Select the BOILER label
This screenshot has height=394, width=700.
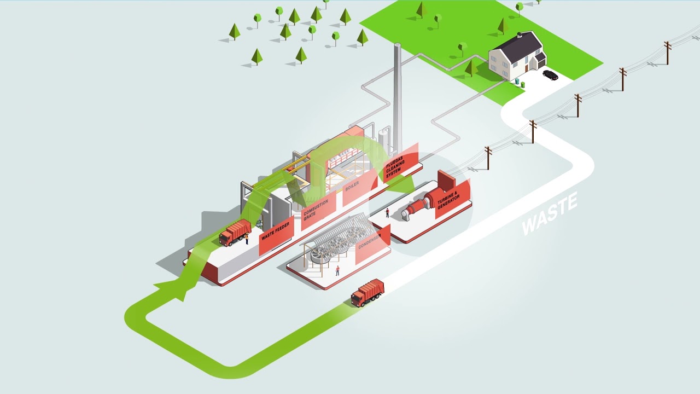(353, 188)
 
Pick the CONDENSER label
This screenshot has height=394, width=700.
(372, 245)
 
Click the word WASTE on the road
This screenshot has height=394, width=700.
(549, 214)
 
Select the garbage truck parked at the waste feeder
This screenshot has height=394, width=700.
(235, 233)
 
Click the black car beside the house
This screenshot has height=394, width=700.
(550, 75)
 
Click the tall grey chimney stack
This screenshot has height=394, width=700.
(398, 93)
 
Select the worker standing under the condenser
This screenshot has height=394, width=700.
(337, 270)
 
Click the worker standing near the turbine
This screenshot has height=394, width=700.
(387, 212)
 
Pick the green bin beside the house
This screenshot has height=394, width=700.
(522, 85)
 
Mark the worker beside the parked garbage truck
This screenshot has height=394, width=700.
(247, 238)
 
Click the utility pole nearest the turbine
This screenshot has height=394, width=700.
(488, 158)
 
